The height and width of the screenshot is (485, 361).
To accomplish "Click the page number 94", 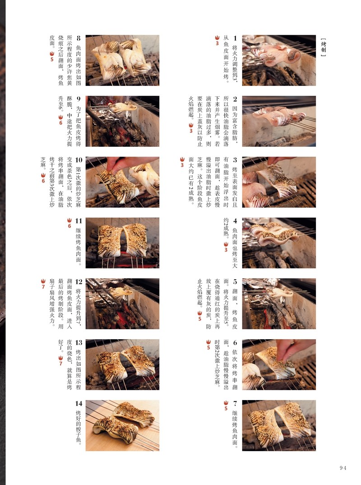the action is click(x=343, y=468).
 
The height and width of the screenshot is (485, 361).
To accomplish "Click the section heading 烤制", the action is click(x=323, y=47).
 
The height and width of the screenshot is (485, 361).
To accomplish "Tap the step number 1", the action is click(x=235, y=38).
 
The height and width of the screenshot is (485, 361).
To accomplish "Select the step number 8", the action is click(x=79, y=38).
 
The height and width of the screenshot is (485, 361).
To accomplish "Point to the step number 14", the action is click(x=79, y=403).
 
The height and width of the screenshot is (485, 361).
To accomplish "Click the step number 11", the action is click(x=79, y=221).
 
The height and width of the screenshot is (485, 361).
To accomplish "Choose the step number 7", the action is click(x=235, y=403).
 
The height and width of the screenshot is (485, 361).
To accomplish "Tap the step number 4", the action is click(x=235, y=221).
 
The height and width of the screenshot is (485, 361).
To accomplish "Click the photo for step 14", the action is click(x=122, y=425).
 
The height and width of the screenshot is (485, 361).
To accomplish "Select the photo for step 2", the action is click(x=279, y=121).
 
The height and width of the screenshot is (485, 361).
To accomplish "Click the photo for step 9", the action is click(x=122, y=121).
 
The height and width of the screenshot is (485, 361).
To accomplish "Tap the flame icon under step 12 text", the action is click(x=43, y=283).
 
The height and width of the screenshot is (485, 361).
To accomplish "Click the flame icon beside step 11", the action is click(x=69, y=223).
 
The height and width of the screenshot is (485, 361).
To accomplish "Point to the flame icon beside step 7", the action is click(x=226, y=405).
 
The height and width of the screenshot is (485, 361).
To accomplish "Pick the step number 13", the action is click(x=79, y=343).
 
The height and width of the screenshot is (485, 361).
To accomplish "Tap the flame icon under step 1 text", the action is click(x=218, y=40).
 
